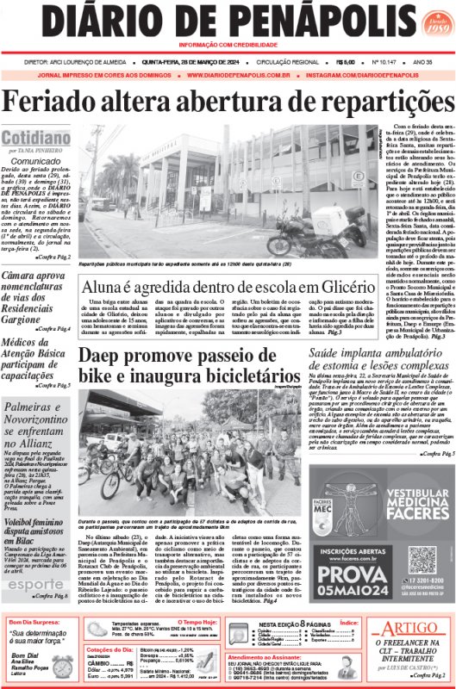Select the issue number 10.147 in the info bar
coord(362,62)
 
